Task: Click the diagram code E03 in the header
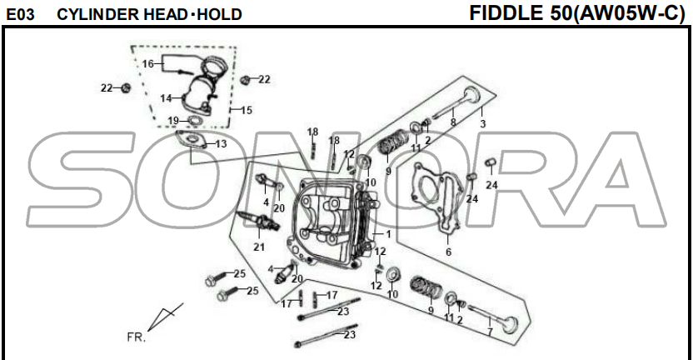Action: pos(20,15)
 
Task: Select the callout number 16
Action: pos(147,64)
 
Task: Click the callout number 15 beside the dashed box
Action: pos(247,110)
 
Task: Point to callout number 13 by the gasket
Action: pos(221,143)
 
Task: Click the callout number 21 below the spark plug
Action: pos(259,247)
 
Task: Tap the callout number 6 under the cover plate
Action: pos(449,252)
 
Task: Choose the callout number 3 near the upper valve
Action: pos(482,124)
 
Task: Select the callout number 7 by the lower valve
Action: pos(490,332)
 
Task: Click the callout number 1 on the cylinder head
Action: pos(388,234)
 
